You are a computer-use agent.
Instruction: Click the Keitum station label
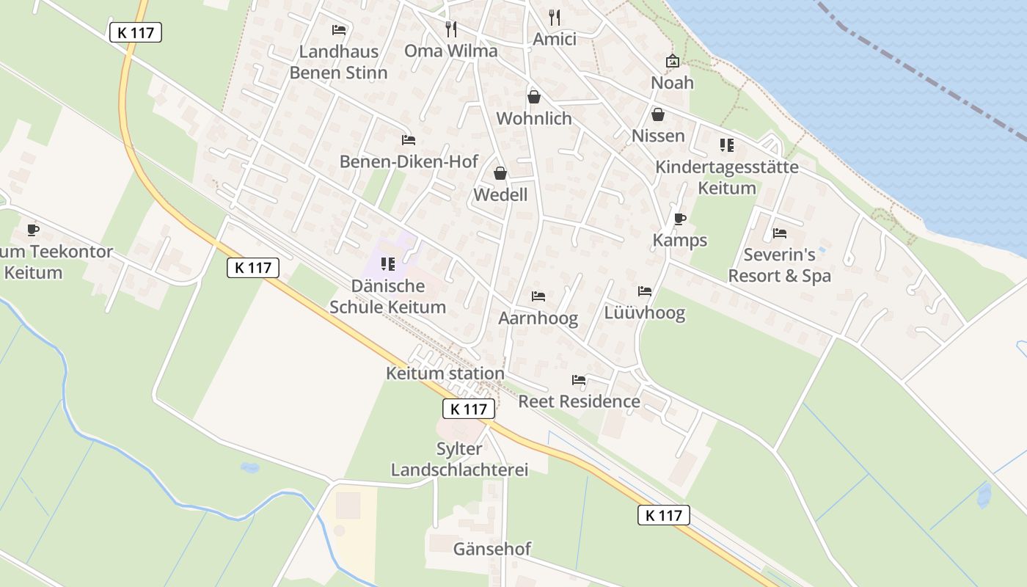[445, 373]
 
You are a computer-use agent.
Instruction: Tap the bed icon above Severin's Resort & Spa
[780, 233]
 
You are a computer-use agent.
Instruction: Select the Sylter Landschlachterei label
[459, 459]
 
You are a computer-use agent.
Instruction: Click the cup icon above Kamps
[679, 219]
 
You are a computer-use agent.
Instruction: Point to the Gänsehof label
[492, 549]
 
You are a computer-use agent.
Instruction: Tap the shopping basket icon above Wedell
[500, 173]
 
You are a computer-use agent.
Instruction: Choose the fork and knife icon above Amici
[555, 17]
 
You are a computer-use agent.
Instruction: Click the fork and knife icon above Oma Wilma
[451, 29]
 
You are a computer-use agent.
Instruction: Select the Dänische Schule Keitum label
[387, 296]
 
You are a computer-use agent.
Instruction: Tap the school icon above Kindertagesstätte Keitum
[726, 145]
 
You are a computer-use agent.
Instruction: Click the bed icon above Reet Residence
[579, 380]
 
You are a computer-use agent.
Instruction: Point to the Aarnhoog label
[538, 318]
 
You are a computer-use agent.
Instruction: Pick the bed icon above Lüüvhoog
[645, 291]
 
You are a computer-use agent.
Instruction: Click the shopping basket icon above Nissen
[658, 114]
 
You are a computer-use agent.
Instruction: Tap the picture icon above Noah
[672, 61]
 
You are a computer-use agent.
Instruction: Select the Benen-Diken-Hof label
[409, 161]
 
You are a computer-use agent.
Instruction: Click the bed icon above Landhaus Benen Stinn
[339, 30]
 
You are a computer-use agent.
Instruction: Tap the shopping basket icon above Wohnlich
[534, 97]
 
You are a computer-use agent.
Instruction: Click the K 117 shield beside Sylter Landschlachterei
[469, 409]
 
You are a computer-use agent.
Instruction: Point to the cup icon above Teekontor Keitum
[33, 230]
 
